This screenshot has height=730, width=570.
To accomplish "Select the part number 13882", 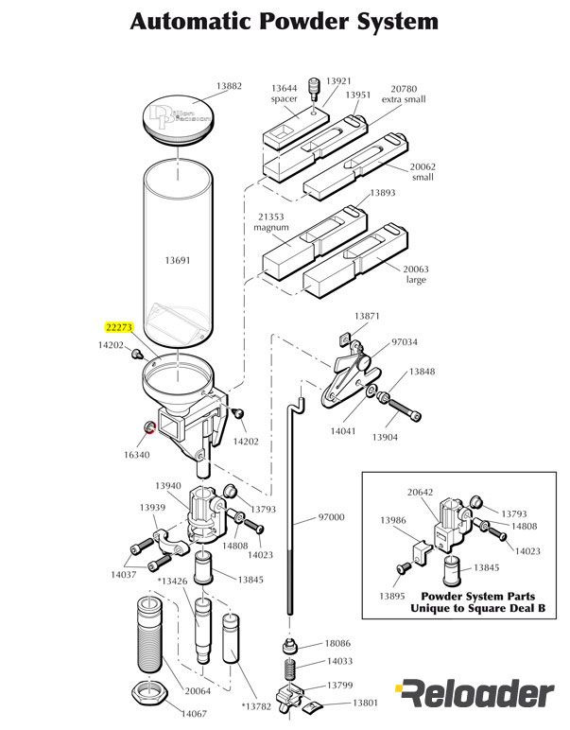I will point(229,86).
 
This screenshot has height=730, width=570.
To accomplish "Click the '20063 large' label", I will point(415,274).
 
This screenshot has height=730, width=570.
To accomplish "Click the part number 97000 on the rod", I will point(331,517).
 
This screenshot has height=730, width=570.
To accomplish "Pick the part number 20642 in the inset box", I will point(421,492).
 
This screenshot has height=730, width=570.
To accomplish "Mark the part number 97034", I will point(405,340).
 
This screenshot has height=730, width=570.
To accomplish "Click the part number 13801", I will point(366,703).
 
